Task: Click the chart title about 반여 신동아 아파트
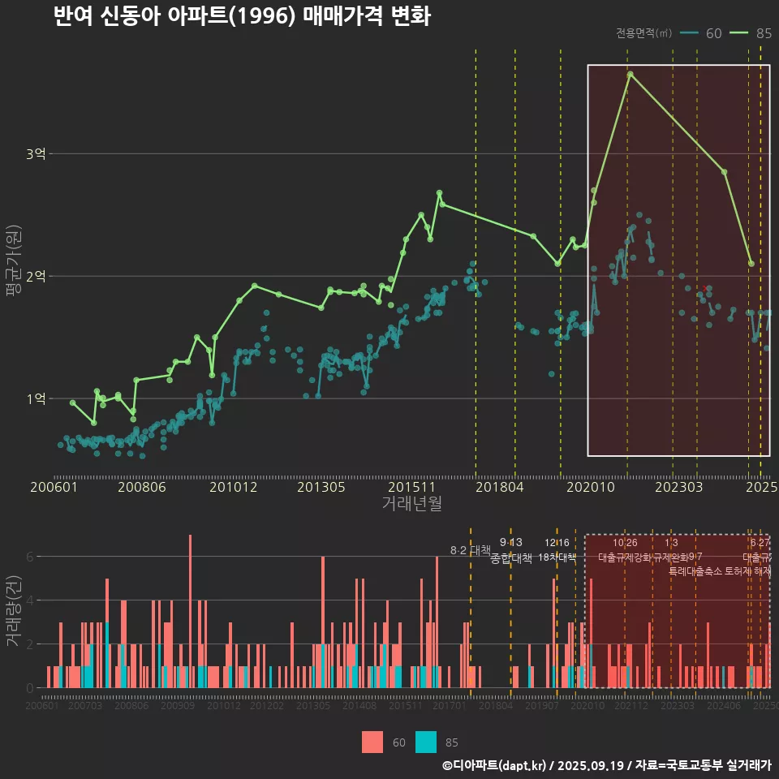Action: [242, 16]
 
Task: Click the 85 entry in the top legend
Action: [763, 33]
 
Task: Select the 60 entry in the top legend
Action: [713, 33]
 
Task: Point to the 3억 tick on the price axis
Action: [36, 154]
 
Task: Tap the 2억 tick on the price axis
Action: [36, 277]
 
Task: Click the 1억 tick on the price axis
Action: [36, 399]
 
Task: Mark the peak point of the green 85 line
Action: [630, 75]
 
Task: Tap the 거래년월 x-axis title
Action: [411, 503]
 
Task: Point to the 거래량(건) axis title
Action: [13, 611]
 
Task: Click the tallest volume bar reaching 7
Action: [190, 612]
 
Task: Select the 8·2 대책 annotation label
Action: [471, 550]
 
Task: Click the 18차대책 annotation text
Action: [557, 557]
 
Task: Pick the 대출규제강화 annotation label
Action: [624, 557]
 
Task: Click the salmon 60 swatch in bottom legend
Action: [372, 742]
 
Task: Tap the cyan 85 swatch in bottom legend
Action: [426, 742]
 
